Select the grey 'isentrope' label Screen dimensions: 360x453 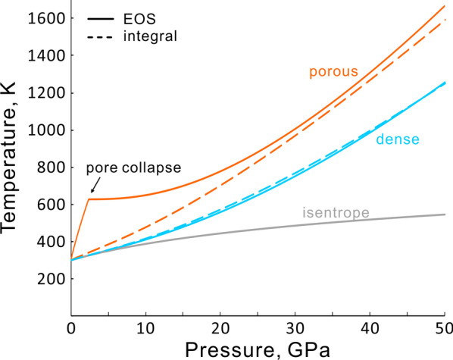pyautogui.click(x=333, y=214)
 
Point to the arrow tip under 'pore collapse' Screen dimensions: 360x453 pyautogui.click(x=91, y=194)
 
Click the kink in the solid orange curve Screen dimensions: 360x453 pyautogui.click(x=89, y=199)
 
